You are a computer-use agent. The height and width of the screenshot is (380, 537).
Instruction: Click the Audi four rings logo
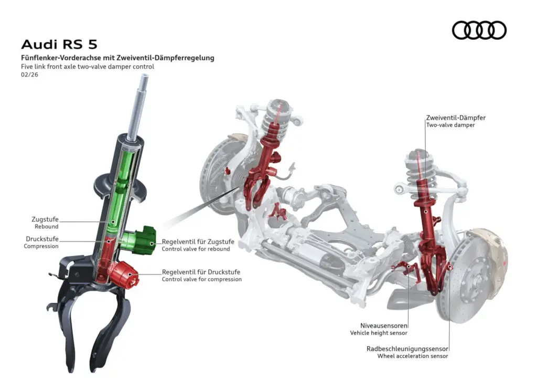[479, 30]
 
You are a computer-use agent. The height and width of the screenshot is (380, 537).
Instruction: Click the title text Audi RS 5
[59, 44]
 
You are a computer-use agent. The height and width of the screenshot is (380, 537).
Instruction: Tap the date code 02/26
[30, 75]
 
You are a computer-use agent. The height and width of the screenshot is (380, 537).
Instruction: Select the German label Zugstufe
[46, 219]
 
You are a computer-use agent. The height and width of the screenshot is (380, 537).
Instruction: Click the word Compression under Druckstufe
[41, 246]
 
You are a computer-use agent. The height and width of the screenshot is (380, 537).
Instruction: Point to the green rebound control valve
[143, 240]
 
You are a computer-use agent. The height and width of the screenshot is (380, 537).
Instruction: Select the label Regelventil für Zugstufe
[198, 241]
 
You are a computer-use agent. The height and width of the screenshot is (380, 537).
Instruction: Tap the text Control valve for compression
[201, 280]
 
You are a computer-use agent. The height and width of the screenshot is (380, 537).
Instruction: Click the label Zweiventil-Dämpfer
[455, 118]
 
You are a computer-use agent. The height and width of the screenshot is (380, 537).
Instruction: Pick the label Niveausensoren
[383, 325]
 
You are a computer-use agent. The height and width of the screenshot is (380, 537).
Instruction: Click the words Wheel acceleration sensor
[413, 356]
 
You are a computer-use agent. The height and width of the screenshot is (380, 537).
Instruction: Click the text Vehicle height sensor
[379, 333]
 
